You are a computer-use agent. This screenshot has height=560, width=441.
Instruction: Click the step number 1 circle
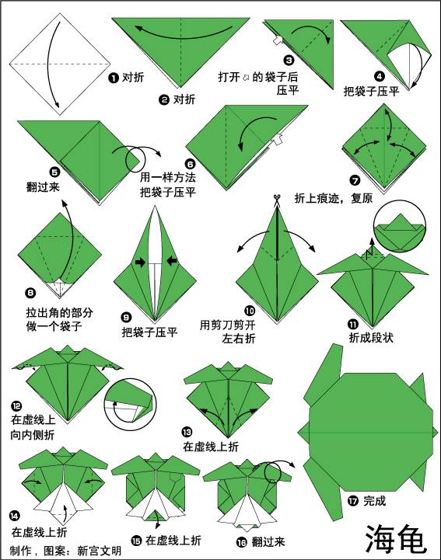point(113,77)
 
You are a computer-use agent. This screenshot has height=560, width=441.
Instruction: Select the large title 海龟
point(396,536)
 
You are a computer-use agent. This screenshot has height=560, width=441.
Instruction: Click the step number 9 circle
point(126,317)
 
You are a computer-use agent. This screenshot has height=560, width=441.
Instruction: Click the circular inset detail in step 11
point(399,225)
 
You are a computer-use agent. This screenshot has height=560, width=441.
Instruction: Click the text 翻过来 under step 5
point(42,186)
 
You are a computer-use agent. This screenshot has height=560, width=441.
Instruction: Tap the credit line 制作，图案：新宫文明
point(66,551)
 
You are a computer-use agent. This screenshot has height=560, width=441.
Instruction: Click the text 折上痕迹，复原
point(333,198)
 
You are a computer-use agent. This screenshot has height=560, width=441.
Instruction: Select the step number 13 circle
point(187,431)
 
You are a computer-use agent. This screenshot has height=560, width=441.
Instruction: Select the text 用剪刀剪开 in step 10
point(228,325)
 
